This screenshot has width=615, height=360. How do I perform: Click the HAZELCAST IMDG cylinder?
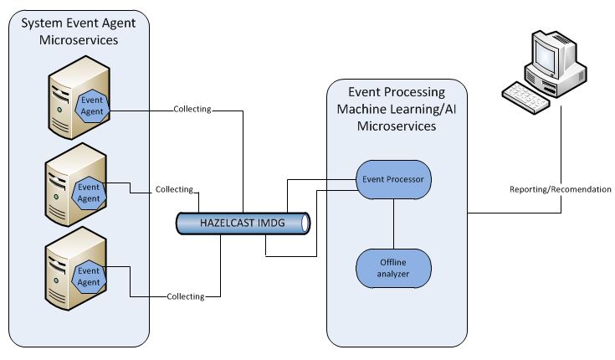(x=242, y=224)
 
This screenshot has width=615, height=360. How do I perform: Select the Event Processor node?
(x=394, y=179)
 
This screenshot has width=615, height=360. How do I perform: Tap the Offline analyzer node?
(x=393, y=267)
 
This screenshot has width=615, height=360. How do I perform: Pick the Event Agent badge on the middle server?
(x=90, y=193)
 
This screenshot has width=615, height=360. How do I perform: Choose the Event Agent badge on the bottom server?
(x=89, y=275)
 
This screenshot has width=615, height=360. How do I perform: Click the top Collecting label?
(x=192, y=109)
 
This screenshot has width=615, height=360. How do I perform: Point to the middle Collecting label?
(x=174, y=190)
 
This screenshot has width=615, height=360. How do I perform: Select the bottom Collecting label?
(x=185, y=296)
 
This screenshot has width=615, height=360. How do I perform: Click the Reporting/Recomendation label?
(x=560, y=189)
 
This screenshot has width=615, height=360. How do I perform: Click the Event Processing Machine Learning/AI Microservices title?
(x=397, y=109)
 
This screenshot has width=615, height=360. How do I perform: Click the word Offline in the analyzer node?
(x=393, y=261)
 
